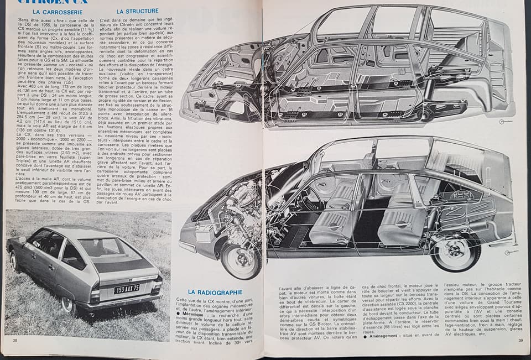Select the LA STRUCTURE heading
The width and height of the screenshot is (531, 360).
pos(137,11)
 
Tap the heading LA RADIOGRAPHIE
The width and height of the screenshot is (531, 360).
pos(215,292)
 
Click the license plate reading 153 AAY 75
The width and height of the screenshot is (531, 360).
pos(127,288)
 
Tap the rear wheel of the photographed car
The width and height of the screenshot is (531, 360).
pos(68,305)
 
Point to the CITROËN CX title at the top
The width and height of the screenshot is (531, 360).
pos(61,2)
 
